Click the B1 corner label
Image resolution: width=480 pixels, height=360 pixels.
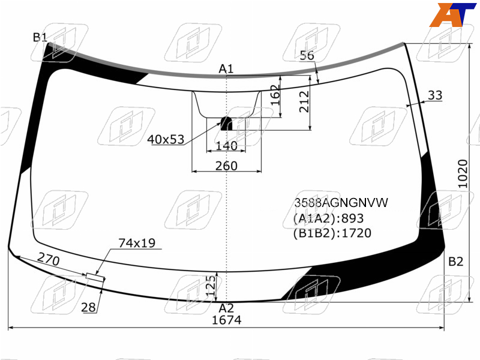[40, 37]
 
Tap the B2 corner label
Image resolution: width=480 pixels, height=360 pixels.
[455, 262]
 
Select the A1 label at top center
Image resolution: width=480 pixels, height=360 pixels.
[226, 69]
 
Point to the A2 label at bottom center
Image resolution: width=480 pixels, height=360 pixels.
[226, 308]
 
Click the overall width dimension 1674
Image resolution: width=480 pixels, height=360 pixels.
[227, 320]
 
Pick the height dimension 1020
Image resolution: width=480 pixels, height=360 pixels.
[463, 173]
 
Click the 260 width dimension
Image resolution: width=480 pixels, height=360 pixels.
[226, 166]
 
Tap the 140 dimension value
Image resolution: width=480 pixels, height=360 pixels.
[227, 146]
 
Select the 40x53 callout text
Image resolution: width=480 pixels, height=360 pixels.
[166, 140]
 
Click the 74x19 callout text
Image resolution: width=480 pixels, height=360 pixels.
[137, 243]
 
